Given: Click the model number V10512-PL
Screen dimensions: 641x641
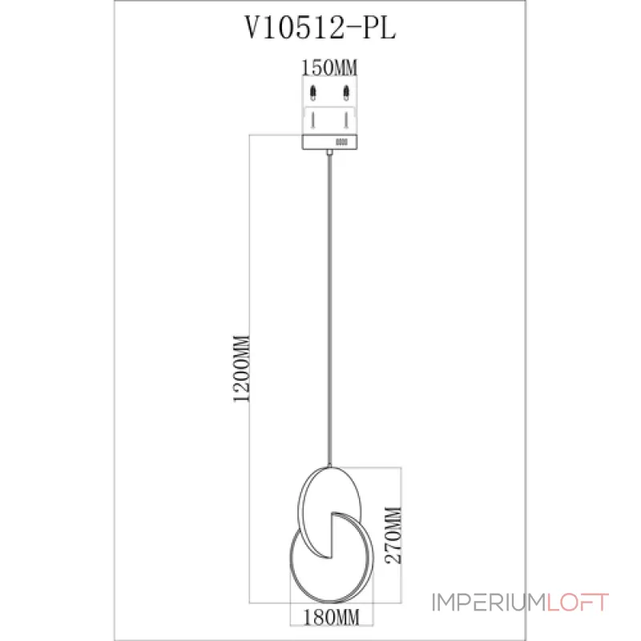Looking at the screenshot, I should [320, 30].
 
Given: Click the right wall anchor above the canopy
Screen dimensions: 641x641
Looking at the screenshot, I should [345, 92].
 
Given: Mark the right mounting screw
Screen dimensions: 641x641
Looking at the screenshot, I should [345, 120].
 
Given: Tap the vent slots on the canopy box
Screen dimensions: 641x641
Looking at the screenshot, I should [342, 143].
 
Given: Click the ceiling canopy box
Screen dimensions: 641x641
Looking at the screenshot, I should [329, 143].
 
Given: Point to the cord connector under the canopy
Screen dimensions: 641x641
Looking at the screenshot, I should [329, 152].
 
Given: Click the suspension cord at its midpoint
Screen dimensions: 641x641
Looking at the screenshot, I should [329, 308].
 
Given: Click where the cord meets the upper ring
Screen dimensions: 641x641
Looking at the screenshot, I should [329, 466].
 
